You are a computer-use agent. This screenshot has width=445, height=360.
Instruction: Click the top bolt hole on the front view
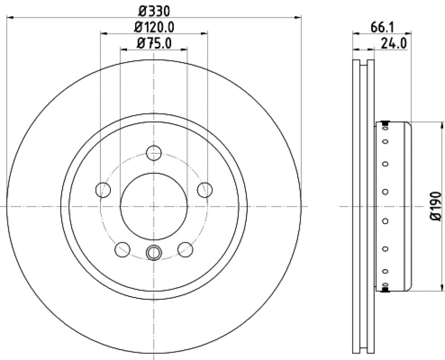click(x=154, y=153)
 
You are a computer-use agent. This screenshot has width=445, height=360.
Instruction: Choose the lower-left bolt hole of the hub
click(x=123, y=249)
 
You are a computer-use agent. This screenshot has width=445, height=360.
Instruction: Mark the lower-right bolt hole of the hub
click(x=186, y=249)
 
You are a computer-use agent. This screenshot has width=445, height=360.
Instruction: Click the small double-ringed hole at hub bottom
click(x=154, y=252)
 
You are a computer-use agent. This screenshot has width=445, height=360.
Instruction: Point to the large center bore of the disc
click(x=154, y=206)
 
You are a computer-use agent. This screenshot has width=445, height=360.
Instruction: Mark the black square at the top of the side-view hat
click(x=385, y=125)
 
